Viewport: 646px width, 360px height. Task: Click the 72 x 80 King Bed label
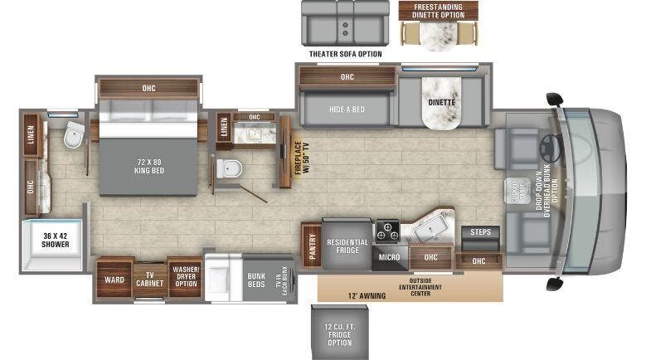[x=149, y=164]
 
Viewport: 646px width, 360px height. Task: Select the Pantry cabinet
[x=312, y=246]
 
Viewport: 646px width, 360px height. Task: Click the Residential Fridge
[x=347, y=246]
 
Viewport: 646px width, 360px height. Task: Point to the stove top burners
[x=388, y=230]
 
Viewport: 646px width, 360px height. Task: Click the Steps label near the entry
[x=479, y=232]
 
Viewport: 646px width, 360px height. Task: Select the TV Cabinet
[x=150, y=280]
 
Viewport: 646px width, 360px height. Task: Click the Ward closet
[x=114, y=280]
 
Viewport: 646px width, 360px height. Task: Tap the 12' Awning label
[x=370, y=294]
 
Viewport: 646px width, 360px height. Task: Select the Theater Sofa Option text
[x=345, y=54]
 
